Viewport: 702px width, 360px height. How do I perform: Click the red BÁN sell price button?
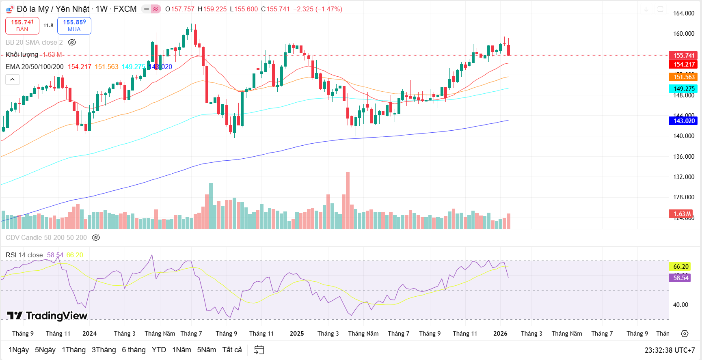click(x=22, y=26)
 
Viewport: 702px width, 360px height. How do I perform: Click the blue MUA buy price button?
click(x=74, y=26)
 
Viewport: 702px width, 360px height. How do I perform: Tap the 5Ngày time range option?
click(x=45, y=350)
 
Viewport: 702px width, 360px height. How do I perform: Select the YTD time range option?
click(x=159, y=350)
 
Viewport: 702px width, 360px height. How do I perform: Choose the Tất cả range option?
click(x=232, y=350)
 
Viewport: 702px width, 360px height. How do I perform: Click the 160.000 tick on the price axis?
click(x=684, y=34)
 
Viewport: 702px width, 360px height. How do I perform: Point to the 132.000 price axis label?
click(x=684, y=177)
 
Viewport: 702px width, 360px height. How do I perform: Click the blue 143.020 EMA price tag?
click(x=684, y=121)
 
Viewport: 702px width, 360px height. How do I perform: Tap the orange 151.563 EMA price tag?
click(x=684, y=77)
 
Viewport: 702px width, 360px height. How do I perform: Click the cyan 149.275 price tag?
click(x=684, y=89)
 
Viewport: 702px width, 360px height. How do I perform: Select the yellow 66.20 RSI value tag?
click(x=681, y=267)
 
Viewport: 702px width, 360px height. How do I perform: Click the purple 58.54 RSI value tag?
click(x=681, y=278)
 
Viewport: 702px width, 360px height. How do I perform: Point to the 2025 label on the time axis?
click(x=297, y=334)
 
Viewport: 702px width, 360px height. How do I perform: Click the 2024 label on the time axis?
click(x=90, y=334)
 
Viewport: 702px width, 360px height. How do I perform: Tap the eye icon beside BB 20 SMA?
click(x=72, y=43)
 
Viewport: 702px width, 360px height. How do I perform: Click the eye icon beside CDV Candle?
click(x=96, y=238)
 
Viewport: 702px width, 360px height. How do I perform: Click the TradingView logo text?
click(x=56, y=316)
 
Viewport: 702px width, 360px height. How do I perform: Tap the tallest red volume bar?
click(x=348, y=200)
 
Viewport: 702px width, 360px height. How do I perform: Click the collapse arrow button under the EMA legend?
click(x=13, y=80)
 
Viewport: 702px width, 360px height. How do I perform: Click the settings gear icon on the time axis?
click(x=685, y=334)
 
